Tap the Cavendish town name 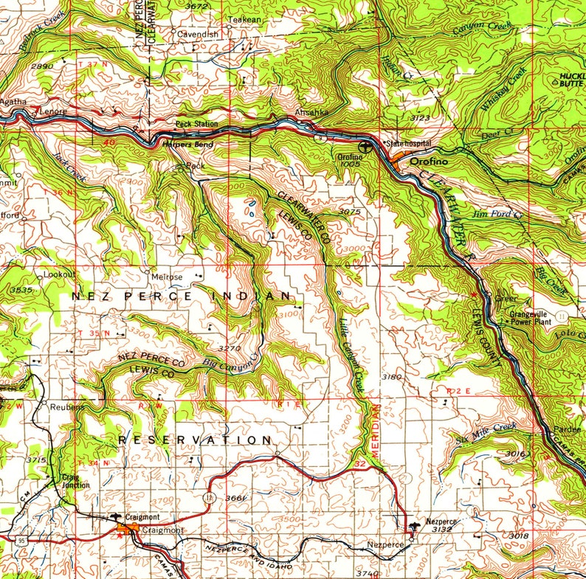click(x=197, y=34)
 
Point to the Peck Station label click(x=196, y=124)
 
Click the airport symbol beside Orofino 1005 click(x=351, y=147)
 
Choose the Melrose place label click(x=167, y=277)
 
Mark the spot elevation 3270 click(x=230, y=347)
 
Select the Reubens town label click(x=68, y=406)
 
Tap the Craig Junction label click(x=76, y=481)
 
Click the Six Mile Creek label click(x=486, y=432)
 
